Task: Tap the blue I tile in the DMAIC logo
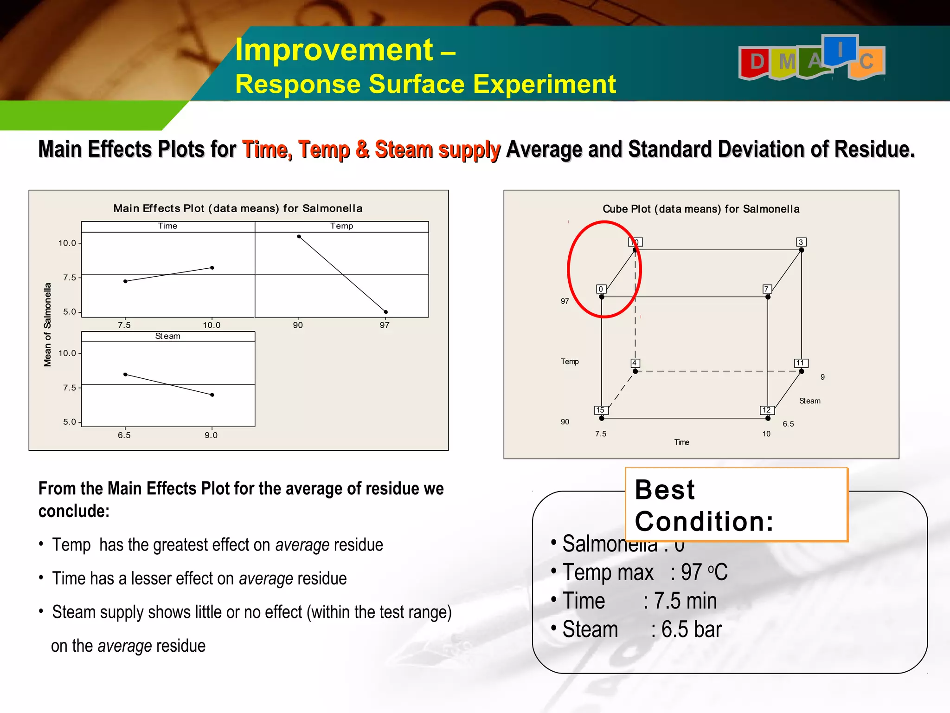click(x=840, y=49)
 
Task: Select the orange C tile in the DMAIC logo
click(x=867, y=62)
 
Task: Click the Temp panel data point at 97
click(x=386, y=312)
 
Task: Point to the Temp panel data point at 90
click(x=299, y=237)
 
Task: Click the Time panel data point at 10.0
click(x=212, y=268)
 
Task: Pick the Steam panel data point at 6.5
click(x=125, y=375)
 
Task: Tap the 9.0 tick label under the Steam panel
click(x=211, y=435)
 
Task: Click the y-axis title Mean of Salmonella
click(x=47, y=324)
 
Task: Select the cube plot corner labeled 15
click(x=602, y=418)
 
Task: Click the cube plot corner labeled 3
click(x=801, y=250)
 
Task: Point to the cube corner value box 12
click(x=767, y=410)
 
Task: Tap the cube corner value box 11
click(x=801, y=363)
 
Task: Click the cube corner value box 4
click(x=635, y=363)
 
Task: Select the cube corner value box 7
click(x=767, y=289)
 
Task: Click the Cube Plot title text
click(x=701, y=209)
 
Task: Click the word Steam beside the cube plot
click(x=809, y=401)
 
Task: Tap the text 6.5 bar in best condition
click(x=691, y=630)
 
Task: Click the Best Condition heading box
click(x=736, y=505)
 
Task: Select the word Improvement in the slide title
click(x=334, y=50)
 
